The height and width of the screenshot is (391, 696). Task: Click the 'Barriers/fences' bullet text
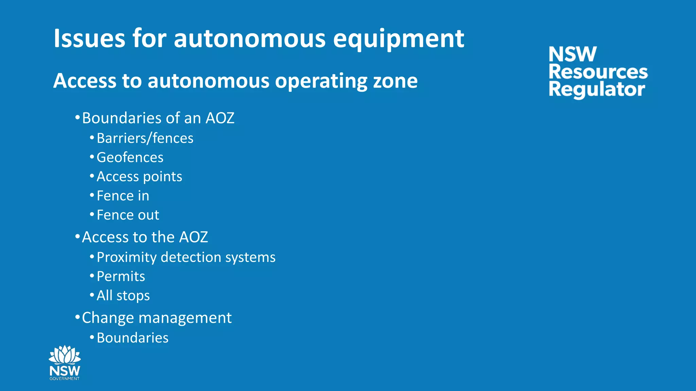[145, 138]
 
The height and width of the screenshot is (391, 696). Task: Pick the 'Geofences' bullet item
[130, 157]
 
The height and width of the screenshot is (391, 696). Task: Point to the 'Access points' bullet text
[139, 176]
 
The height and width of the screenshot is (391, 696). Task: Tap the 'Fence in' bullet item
[123, 196]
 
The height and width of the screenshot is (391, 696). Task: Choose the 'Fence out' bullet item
[128, 215]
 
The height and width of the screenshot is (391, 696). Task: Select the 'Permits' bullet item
[121, 276]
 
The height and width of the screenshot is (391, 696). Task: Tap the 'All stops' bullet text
[123, 296]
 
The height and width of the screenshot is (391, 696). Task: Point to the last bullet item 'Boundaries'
[133, 338]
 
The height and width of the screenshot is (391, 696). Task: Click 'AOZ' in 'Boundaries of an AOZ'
[220, 118]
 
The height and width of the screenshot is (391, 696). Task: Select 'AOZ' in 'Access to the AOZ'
[193, 237]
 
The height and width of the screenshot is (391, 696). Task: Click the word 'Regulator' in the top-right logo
[596, 90]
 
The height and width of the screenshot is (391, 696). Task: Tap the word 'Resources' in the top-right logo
[598, 72]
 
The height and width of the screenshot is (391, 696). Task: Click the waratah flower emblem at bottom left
[65, 355]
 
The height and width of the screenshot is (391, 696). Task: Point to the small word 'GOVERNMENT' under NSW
[65, 379]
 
